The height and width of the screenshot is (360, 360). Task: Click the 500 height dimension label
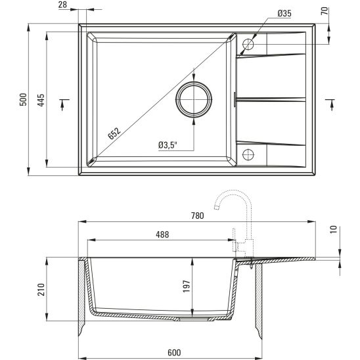click(23, 100)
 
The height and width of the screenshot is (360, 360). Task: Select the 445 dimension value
click(41, 100)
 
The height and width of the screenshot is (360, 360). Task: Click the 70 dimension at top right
click(343, 12)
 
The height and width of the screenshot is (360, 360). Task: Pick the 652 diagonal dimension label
click(114, 134)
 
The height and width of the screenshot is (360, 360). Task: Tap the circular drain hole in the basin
click(194, 101)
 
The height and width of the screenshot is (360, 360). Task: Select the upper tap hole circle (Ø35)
click(248, 45)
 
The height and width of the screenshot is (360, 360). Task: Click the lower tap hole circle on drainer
click(248, 155)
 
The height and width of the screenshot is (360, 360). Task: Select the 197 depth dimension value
click(186, 286)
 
